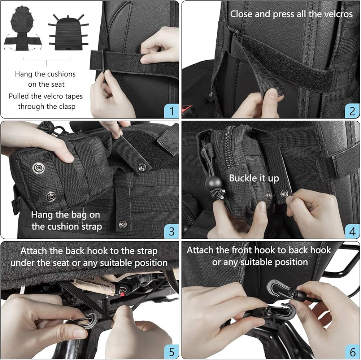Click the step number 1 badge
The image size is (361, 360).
point(171,111)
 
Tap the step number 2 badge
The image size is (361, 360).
point(352,111)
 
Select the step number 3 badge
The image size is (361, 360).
point(171,231)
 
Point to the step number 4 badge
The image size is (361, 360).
point(352,231)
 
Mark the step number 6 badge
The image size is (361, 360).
point(352,352)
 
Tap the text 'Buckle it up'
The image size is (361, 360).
point(254,178)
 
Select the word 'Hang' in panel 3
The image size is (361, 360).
point(40,215)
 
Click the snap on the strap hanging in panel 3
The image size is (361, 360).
point(122,224)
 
